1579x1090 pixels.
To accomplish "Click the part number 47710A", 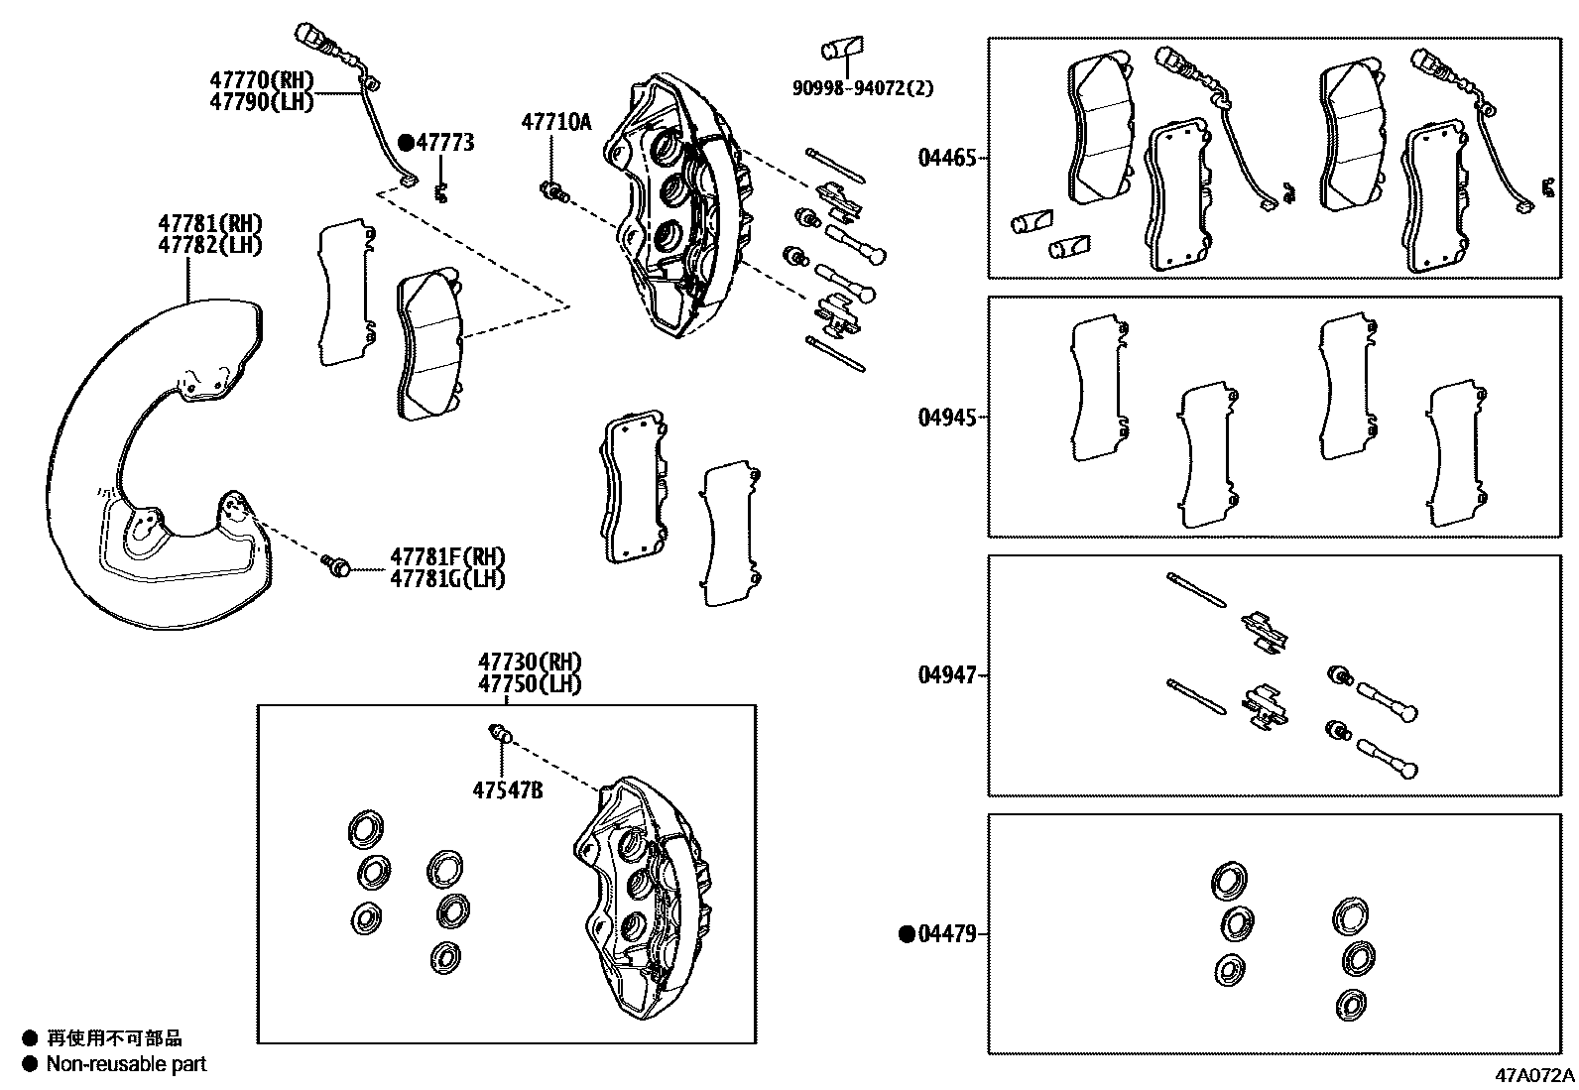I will click(x=555, y=122).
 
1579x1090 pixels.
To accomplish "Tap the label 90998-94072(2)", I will click(x=862, y=88).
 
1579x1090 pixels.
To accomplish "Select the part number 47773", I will click(x=444, y=143).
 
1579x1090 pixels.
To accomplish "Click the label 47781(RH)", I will click(x=209, y=224).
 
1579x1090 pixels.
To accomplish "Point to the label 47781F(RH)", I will click(x=446, y=556).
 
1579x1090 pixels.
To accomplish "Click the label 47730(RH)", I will click(x=530, y=662).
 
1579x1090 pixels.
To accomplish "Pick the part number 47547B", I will click(x=507, y=790).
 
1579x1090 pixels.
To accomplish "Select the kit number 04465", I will click(x=947, y=158).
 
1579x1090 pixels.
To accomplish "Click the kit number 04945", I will click(x=947, y=418).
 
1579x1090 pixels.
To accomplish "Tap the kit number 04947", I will click(x=947, y=675).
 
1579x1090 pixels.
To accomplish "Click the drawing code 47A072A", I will click(x=1534, y=1075).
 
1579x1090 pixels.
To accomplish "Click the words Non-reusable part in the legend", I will click(x=127, y=1064).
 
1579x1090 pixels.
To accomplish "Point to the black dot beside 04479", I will click(x=907, y=934).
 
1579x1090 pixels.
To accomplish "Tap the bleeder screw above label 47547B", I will click(x=501, y=734).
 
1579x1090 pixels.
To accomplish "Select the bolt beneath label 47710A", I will click(x=553, y=190).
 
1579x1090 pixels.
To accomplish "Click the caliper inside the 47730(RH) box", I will click(x=645, y=893).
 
